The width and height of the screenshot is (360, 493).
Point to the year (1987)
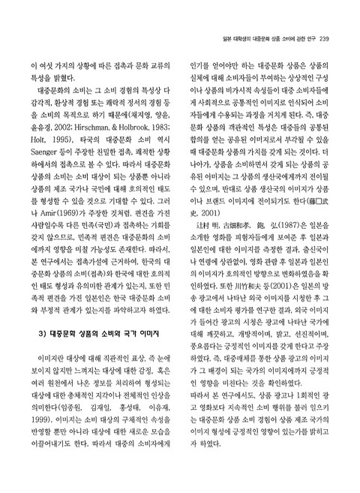263,245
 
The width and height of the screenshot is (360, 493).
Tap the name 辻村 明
200,245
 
